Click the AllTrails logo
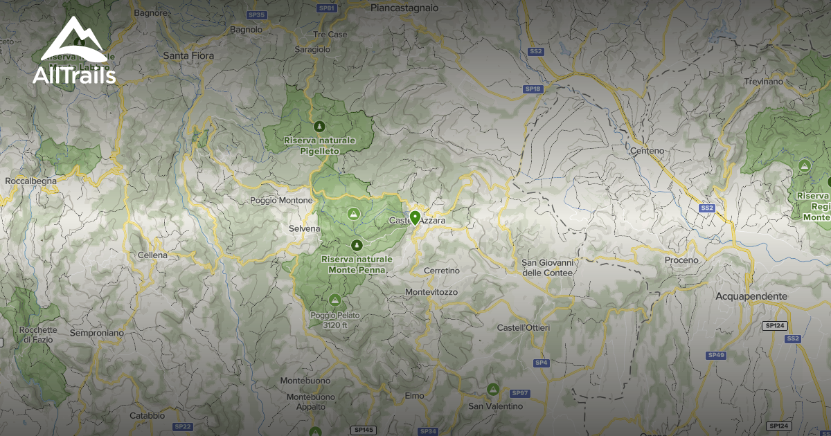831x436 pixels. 74,52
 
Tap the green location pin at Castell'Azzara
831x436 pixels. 415,218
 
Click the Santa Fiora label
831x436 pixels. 188,55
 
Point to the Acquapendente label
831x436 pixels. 751,296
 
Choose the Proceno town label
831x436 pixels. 681,260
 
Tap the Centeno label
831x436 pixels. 647,150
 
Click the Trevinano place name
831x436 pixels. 763,82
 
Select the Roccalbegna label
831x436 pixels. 30,181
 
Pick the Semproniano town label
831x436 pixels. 97,333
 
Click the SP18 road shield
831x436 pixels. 532,89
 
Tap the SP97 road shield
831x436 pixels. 520,393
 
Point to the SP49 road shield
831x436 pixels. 716,355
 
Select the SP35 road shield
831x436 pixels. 256,15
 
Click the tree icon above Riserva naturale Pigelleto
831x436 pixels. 319,126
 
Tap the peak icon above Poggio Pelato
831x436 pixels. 335,300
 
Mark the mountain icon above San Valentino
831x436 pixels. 493,389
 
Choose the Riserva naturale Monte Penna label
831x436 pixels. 357,264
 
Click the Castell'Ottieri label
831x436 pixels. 524,327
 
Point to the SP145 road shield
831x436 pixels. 363,430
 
